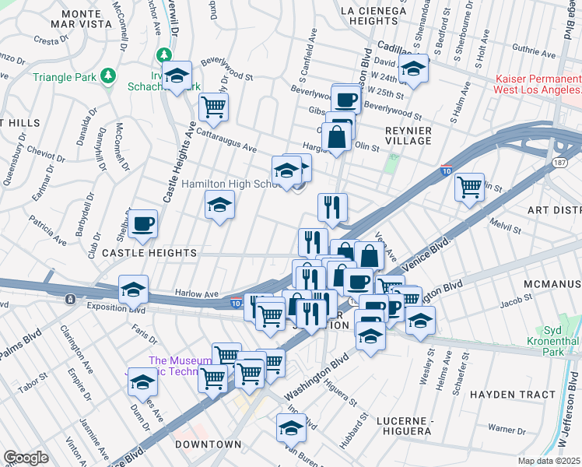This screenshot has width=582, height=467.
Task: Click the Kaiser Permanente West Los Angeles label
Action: coord(538,85)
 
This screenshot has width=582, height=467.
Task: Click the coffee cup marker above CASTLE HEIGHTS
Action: coord(143,224)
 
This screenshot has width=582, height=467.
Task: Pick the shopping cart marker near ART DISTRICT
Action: coord(469,187)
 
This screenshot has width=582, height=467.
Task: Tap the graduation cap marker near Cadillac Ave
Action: coord(415,70)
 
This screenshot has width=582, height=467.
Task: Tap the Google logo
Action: coord(25,457)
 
